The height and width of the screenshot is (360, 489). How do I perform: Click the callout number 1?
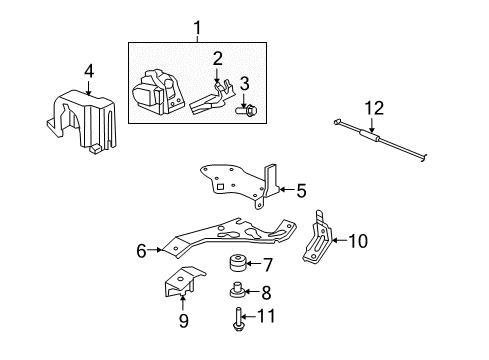(196, 27)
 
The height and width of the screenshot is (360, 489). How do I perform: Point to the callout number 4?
(89, 70)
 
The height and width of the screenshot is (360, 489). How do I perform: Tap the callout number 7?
(268, 265)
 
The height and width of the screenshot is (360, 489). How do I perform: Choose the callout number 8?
(266, 293)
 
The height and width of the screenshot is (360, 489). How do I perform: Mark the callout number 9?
(184, 322)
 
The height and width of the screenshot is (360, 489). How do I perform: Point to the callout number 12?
(374, 108)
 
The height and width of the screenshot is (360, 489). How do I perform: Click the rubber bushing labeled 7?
(238, 265)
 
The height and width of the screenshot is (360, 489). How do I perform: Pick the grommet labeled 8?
(238, 293)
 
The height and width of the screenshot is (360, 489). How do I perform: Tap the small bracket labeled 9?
(179, 286)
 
